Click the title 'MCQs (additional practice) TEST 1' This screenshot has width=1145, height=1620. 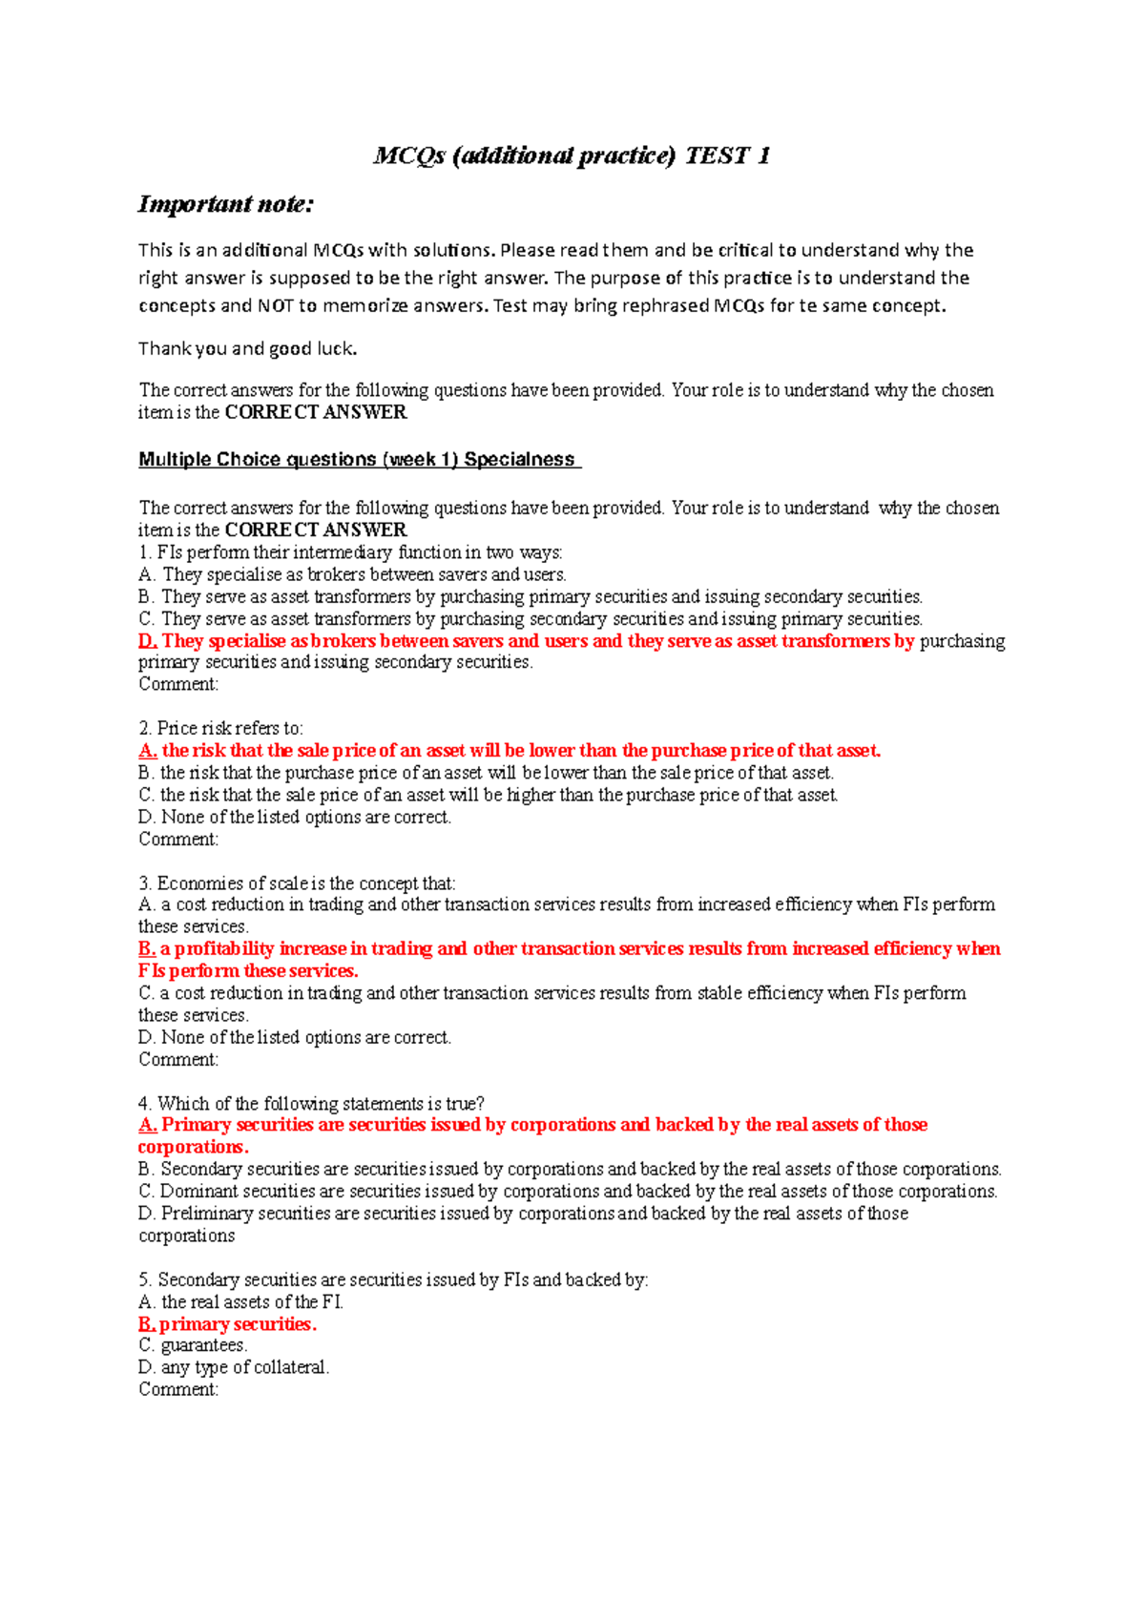(x=572, y=156)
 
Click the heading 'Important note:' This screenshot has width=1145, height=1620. (x=226, y=204)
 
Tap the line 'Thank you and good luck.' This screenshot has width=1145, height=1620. (x=248, y=348)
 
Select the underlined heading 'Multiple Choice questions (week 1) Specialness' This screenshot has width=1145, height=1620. (x=358, y=459)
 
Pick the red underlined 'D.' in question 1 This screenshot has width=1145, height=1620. (x=147, y=641)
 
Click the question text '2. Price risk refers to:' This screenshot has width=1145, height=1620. (x=220, y=728)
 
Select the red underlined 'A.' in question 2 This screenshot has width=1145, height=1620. (x=147, y=751)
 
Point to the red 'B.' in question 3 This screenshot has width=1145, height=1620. (x=146, y=949)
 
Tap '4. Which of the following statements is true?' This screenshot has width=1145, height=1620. (x=311, y=1104)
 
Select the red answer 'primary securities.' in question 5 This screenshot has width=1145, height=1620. (x=238, y=1324)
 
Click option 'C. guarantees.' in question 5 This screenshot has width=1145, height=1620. (x=193, y=1345)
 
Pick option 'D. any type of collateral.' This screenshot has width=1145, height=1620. (x=233, y=1367)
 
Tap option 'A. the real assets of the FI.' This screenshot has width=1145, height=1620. (x=240, y=1302)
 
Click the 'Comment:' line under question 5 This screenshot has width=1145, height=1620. (x=178, y=1389)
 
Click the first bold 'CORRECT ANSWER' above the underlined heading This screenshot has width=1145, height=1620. (x=316, y=412)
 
